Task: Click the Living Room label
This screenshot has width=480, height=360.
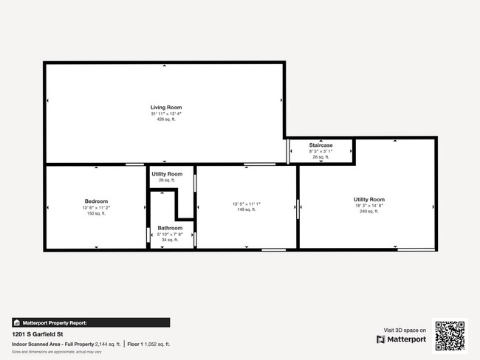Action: [x=165, y=108]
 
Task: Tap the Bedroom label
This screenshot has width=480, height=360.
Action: [x=96, y=201]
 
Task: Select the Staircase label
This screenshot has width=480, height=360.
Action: [x=320, y=145]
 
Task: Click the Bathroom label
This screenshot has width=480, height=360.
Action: [x=170, y=228]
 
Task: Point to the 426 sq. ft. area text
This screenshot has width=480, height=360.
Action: [x=165, y=120]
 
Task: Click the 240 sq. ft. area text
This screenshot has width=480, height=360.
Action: [x=368, y=212]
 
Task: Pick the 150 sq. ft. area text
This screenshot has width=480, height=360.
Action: [x=96, y=213]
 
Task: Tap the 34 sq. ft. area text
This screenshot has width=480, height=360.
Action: [x=170, y=240]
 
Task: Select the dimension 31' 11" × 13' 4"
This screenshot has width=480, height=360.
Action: [x=165, y=114]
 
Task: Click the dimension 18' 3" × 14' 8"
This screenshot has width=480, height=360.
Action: [x=368, y=206]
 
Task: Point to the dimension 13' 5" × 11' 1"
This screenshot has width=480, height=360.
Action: [x=247, y=204]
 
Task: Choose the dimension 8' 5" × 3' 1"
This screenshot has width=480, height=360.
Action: [x=320, y=151]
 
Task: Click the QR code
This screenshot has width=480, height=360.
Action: [x=450, y=335]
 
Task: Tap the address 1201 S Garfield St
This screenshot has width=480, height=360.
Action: [x=37, y=334]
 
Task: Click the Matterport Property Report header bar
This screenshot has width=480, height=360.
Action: [x=91, y=322]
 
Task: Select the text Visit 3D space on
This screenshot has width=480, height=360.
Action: [x=405, y=330]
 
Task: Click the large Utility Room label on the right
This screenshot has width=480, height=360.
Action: [x=368, y=200]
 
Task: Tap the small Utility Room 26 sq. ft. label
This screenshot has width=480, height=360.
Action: [x=166, y=174]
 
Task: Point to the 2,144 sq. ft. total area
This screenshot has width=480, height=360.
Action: [x=106, y=345]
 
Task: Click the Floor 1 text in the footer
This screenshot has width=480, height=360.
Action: [x=135, y=345]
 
